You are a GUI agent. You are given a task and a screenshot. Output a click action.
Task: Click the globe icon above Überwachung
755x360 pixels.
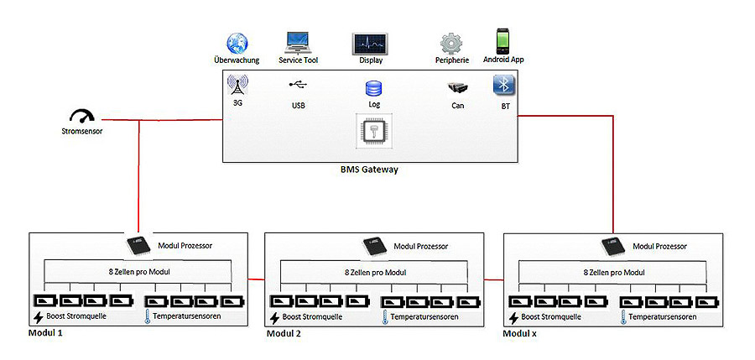click(237, 43)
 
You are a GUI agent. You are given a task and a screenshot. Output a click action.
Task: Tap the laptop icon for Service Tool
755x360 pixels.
click(299, 41)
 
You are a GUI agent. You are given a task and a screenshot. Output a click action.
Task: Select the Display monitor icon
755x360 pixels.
click(369, 44)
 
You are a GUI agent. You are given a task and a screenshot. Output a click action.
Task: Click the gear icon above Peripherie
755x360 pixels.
click(452, 43)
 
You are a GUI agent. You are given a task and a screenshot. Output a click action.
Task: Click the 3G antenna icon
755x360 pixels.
click(237, 86)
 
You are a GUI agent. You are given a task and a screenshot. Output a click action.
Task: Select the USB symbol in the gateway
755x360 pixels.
click(298, 85)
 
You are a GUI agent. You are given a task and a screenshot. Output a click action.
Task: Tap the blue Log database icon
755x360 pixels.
click(373, 88)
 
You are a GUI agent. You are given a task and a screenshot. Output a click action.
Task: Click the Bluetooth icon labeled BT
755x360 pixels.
click(503, 86)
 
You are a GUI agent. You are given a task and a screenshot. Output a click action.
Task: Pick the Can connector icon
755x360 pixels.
click(458, 88)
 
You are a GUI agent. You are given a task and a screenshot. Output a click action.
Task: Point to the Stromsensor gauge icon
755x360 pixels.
click(81, 117)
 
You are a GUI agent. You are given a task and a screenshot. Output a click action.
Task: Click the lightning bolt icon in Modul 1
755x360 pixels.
click(38, 317)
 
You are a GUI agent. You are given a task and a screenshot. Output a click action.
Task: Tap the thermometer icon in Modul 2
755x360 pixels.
click(383, 317)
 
